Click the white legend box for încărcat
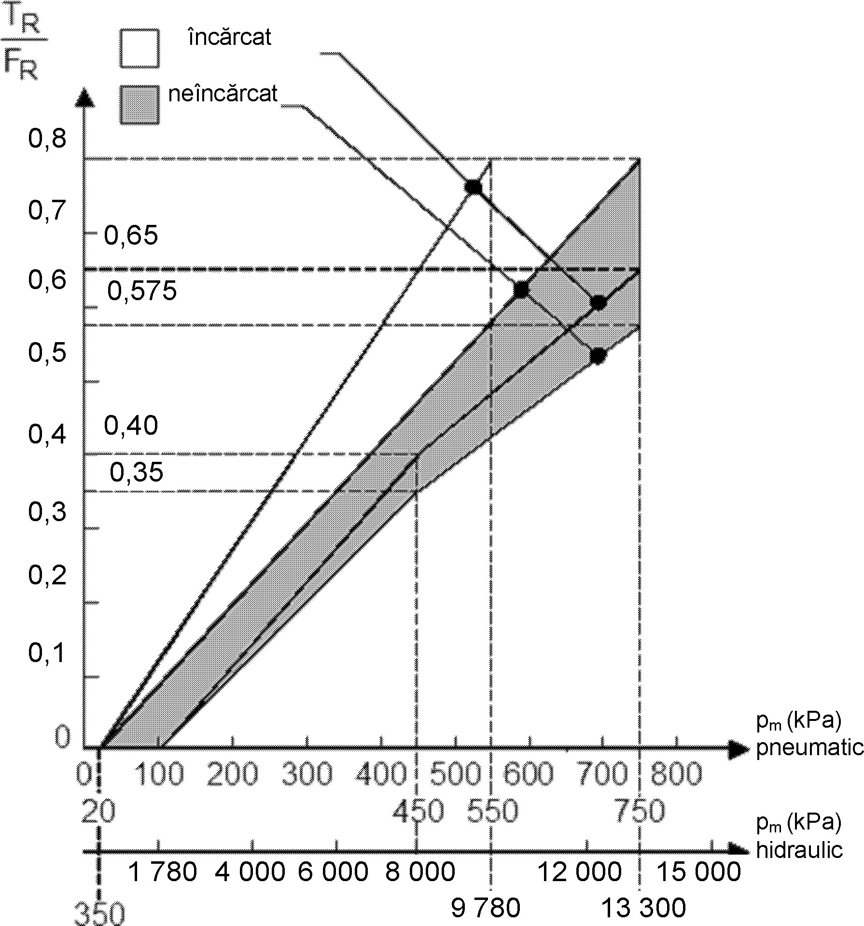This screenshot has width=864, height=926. tap(139, 48)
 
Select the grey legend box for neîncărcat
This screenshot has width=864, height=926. tap(139, 105)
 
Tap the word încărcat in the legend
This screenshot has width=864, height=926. tap(230, 37)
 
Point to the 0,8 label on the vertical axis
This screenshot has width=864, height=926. tap(47, 139)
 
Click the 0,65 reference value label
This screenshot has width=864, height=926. tap(131, 235)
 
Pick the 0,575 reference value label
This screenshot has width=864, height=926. tap(142, 291)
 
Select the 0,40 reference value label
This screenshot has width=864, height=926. tap(131, 426)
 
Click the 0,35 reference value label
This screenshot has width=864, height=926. tap(137, 472)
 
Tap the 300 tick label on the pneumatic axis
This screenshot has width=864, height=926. tap(307, 774)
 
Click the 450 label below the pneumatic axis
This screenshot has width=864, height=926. tap(418, 811)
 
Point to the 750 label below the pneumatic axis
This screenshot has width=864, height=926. tap(639, 811)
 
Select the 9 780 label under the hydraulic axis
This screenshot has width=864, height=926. tap(486, 908)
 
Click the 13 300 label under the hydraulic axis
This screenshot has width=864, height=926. tap(643, 908)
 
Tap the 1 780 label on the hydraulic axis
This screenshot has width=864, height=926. tap(164, 871)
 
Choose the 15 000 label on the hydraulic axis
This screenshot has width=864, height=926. tap(699, 871)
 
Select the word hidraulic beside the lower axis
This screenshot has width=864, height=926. tap(799, 850)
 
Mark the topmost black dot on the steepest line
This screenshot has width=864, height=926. tap(474, 187)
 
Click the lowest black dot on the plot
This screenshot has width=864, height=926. tap(598, 356)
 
